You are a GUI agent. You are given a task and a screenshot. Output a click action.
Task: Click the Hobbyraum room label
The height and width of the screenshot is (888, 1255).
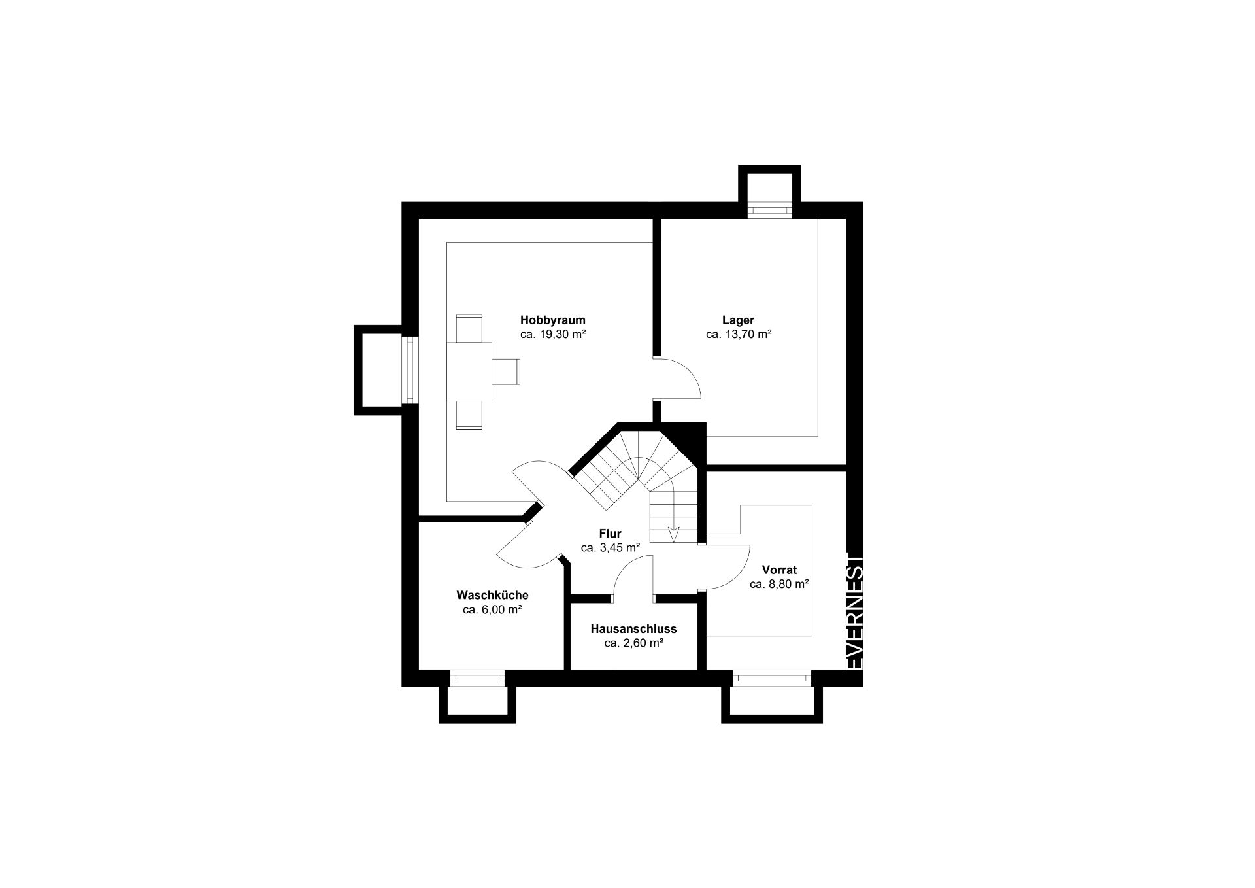[552, 320]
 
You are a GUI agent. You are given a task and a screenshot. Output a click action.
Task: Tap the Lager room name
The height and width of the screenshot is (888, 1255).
[738, 320]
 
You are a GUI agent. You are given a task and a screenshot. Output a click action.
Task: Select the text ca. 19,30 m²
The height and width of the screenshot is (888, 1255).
[552, 334]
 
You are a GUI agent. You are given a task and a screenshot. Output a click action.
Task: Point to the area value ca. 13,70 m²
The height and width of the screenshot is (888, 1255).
[739, 334]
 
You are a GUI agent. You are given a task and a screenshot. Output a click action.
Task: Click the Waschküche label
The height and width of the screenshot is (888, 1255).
[492, 596]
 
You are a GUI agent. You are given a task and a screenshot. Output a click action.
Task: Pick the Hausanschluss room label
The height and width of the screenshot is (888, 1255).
[633, 629]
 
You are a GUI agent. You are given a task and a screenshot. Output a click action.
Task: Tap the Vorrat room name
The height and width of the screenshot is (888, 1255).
[779, 570]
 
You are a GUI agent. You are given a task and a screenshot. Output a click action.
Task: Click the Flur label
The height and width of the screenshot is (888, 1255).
[610, 534]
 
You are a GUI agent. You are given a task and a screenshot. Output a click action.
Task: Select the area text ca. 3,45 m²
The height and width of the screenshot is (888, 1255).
[610, 548]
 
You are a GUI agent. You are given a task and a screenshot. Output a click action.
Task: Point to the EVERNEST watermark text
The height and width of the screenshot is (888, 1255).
[855, 611]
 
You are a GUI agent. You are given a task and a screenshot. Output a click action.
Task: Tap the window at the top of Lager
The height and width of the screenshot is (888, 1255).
[769, 211]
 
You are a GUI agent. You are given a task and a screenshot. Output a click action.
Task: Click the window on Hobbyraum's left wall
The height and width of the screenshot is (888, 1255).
[409, 369]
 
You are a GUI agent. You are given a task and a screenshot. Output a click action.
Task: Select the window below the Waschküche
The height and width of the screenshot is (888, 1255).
[477, 678]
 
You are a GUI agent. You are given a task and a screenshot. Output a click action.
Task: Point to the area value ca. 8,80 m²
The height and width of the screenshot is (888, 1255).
[780, 585]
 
